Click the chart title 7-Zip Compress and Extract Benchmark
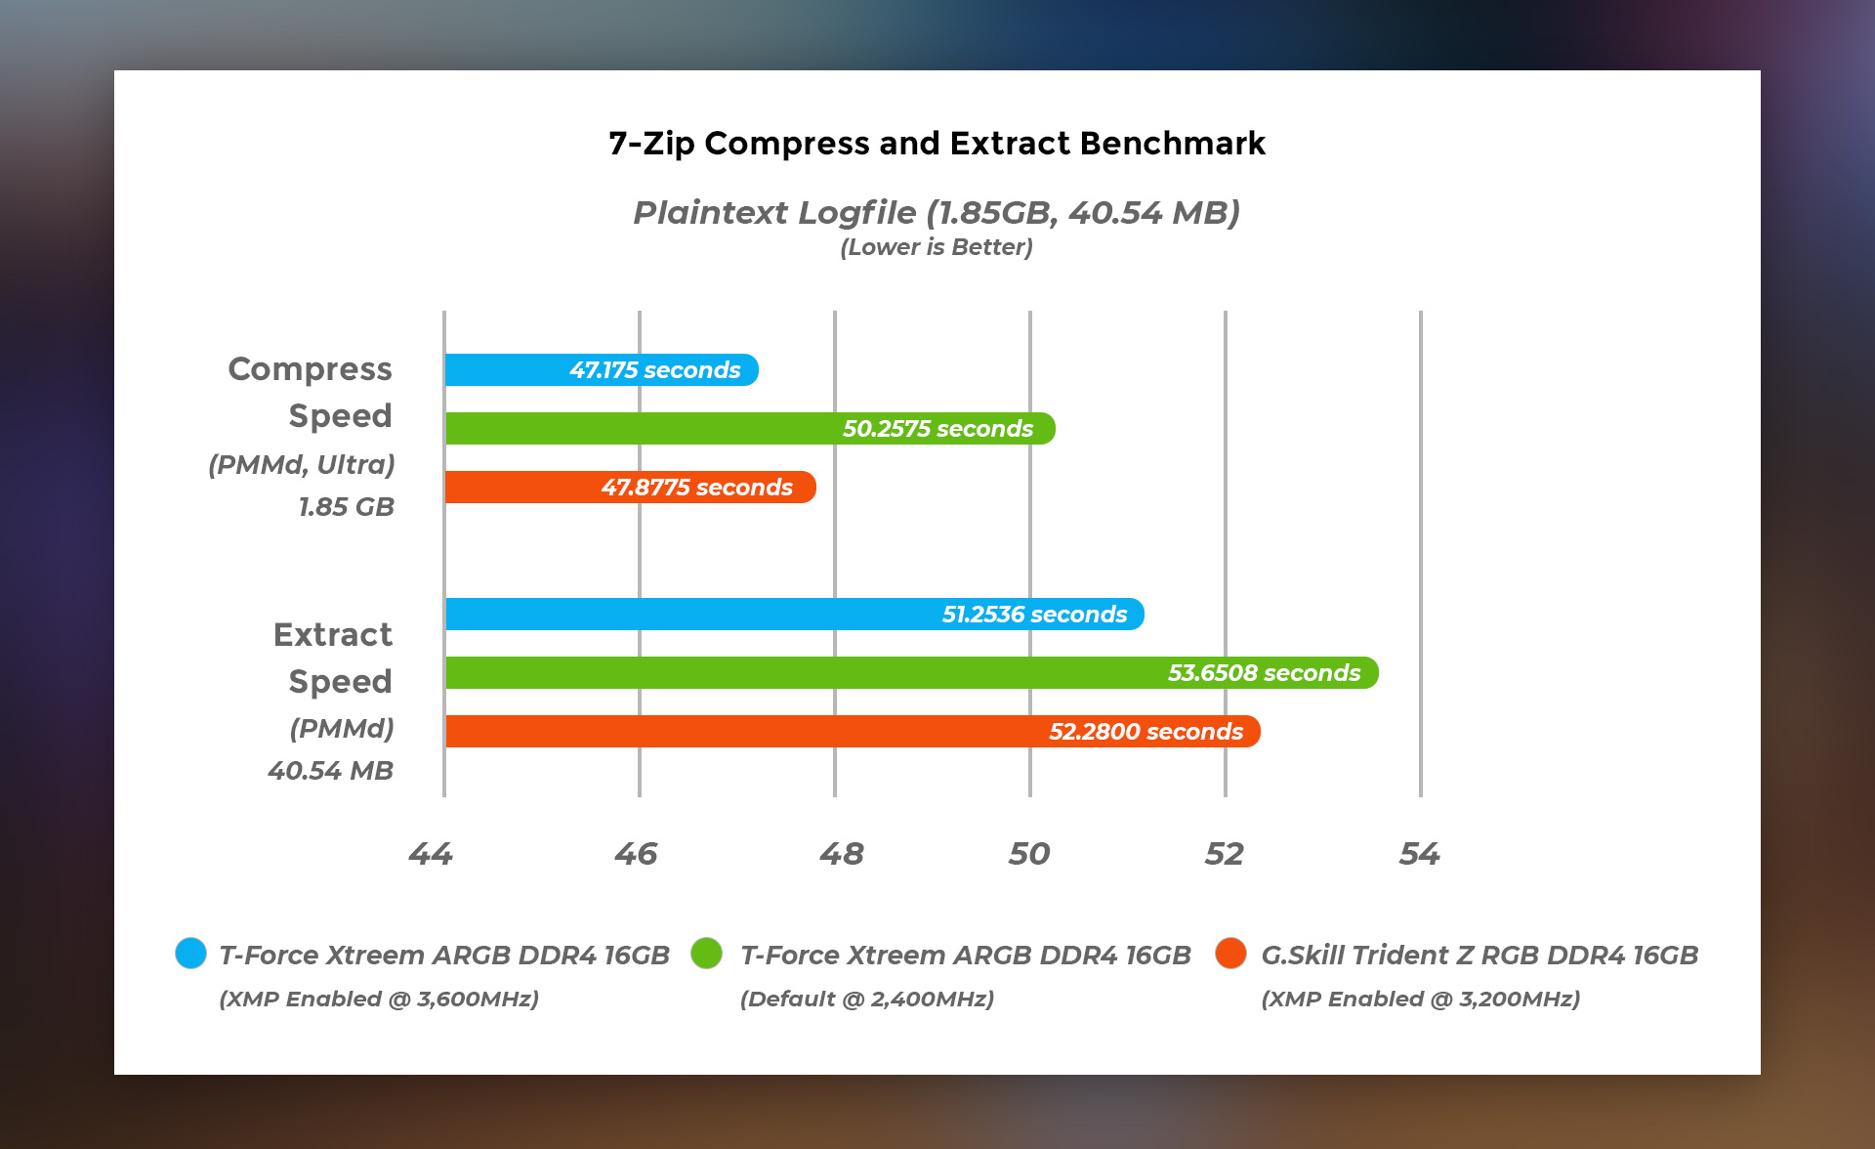(x=937, y=144)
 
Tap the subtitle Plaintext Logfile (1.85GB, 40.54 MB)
(x=937, y=212)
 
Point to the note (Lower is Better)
(x=937, y=247)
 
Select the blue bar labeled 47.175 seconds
(x=601, y=370)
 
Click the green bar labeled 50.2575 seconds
(x=749, y=429)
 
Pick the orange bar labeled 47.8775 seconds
(x=630, y=488)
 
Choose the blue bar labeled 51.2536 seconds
(x=794, y=615)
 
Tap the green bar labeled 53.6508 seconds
(x=911, y=673)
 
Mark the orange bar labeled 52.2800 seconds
(x=852, y=732)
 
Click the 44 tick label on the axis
(x=431, y=854)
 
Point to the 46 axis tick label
(x=636, y=854)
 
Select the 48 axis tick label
(x=841, y=854)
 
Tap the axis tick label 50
(x=1029, y=854)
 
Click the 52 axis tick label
(x=1225, y=854)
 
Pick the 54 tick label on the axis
(x=1420, y=854)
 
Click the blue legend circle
(x=190, y=953)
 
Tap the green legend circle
(x=706, y=953)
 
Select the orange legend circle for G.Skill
(x=1230, y=953)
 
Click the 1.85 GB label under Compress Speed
(x=347, y=507)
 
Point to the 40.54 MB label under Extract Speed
(x=331, y=771)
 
